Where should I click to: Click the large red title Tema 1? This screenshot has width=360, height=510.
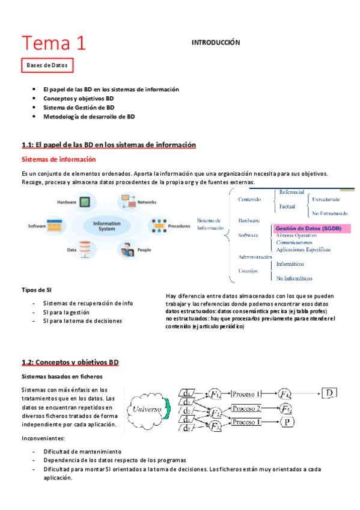pos(53,43)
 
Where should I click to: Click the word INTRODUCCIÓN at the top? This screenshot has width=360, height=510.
pos(215,43)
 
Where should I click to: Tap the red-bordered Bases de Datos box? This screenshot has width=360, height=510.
pos(47,65)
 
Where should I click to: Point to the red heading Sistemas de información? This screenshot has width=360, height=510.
pos(58,160)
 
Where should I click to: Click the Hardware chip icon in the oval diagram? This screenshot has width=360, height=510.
pos(86,202)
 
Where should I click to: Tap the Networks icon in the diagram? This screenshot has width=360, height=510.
pos(128,200)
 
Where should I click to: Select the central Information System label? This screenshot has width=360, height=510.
pos(107,226)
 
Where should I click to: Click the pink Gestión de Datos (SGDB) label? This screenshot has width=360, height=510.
pos(308,229)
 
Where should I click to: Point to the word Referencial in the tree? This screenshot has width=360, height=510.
pos(291,192)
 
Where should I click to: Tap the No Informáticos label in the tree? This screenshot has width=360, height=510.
pos(294,278)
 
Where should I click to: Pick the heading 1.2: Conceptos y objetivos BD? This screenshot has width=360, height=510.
pos(70,363)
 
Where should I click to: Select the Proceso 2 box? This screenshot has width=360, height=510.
pos(246,408)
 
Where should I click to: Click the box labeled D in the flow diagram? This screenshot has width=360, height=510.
pos(330,394)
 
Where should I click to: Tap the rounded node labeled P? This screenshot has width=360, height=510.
pos(288,422)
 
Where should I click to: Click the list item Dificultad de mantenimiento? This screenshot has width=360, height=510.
pos(82,451)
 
